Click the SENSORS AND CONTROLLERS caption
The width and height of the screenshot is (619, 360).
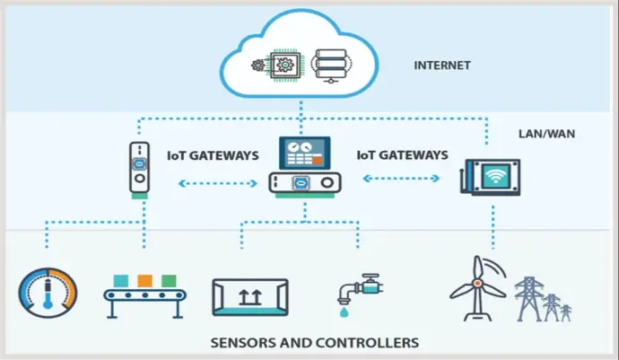313,343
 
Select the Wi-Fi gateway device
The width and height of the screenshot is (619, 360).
492,177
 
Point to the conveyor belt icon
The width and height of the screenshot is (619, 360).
144,297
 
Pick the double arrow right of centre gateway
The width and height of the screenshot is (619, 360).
400,178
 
